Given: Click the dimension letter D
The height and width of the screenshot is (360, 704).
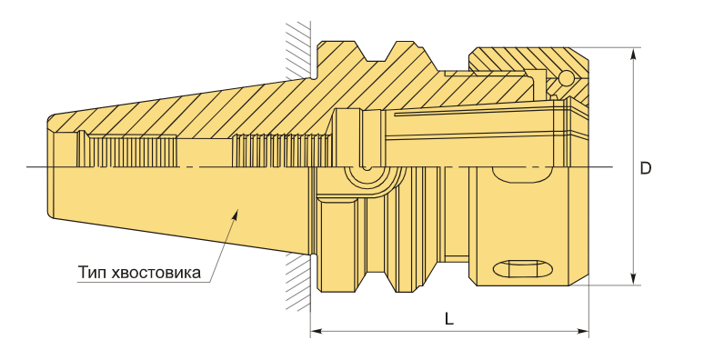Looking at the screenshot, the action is pyautogui.click(x=645, y=168).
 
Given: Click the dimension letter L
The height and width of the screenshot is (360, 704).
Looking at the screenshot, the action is pyautogui.click(x=449, y=319).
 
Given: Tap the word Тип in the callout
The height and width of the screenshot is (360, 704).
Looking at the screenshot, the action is pyautogui.click(x=93, y=272).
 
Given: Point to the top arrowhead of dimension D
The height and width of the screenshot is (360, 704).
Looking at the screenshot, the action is pyautogui.click(x=634, y=54).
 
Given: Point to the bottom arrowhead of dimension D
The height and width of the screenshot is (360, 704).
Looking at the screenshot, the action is pyautogui.click(x=634, y=279).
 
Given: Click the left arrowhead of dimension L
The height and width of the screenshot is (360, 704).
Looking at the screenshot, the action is pyautogui.click(x=317, y=332).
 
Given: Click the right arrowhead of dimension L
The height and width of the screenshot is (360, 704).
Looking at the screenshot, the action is pyautogui.click(x=582, y=332).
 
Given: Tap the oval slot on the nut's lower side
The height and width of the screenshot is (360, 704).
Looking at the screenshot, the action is pyautogui.click(x=523, y=269).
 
